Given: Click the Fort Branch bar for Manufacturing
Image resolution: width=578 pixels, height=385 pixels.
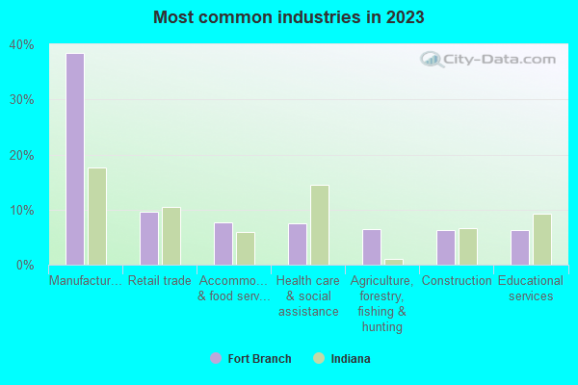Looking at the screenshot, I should (75, 159).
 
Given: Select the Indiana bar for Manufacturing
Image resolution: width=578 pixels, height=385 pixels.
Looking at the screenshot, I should (97, 217).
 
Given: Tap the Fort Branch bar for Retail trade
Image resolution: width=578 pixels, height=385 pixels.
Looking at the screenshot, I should (149, 239).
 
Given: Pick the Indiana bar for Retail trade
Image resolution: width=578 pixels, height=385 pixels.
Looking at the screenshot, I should (171, 236).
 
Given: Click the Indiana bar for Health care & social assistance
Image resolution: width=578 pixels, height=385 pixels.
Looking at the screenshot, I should (320, 225).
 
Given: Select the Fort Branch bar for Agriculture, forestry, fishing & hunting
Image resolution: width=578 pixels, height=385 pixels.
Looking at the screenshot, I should (372, 247).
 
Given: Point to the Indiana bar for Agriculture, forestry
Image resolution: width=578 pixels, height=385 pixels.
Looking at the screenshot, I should (394, 262).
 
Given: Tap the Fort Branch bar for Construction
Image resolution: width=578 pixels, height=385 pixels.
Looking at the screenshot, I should (446, 247).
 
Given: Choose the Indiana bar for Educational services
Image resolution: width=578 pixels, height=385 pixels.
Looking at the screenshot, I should (542, 240).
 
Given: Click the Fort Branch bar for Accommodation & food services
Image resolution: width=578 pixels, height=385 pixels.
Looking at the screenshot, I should (223, 244).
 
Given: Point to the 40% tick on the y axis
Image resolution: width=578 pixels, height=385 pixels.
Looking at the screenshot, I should (21, 44).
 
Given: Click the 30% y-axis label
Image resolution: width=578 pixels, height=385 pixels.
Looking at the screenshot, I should (21, 99).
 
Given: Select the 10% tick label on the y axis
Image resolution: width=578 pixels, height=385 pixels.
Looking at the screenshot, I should (21, 210).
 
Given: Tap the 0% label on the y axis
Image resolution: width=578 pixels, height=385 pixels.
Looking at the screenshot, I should (24, 265).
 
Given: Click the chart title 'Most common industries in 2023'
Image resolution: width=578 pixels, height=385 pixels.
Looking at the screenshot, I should (288, 17).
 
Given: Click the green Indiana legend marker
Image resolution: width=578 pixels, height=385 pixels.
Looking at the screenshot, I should (319, 359).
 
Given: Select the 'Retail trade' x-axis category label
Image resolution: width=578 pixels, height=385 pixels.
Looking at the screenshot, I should (160, 281).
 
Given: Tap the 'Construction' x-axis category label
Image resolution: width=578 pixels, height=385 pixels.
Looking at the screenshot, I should (457, 281).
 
